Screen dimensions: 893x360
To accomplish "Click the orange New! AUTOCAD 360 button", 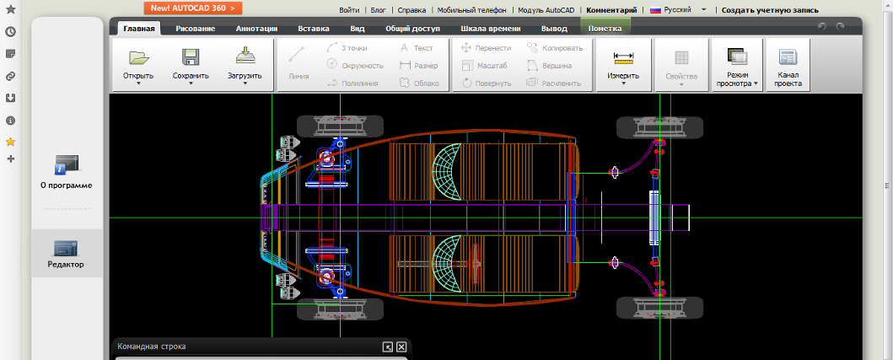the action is click(x=193, y=8).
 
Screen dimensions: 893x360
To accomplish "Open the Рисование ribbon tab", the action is click(x=196, y=29).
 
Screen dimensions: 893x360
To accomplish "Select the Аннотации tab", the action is click(x=256, y=29).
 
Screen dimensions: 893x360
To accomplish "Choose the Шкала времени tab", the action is click(x=489, y=29).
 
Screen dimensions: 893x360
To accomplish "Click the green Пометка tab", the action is click(x=605, y=29).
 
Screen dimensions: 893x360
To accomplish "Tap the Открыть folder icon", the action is click(x=138, y=57).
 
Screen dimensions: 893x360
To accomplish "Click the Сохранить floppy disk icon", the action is click(x=191, y=57).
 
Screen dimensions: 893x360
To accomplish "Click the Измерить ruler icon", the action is click(x=624, y=56).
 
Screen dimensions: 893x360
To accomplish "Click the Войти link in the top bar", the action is click(x=349, y=10).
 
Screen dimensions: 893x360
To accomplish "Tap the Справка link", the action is click(x=412, y=10).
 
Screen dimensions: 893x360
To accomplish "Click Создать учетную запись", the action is click(x=770, y=10).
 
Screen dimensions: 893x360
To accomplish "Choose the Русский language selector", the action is click(x=677, y=9).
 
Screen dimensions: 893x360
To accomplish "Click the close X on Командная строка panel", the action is click(x=401, y=347).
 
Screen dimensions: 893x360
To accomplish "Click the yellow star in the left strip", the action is click(x=10, y=142).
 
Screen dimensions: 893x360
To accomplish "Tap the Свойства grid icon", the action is click(x=681, y=57).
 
